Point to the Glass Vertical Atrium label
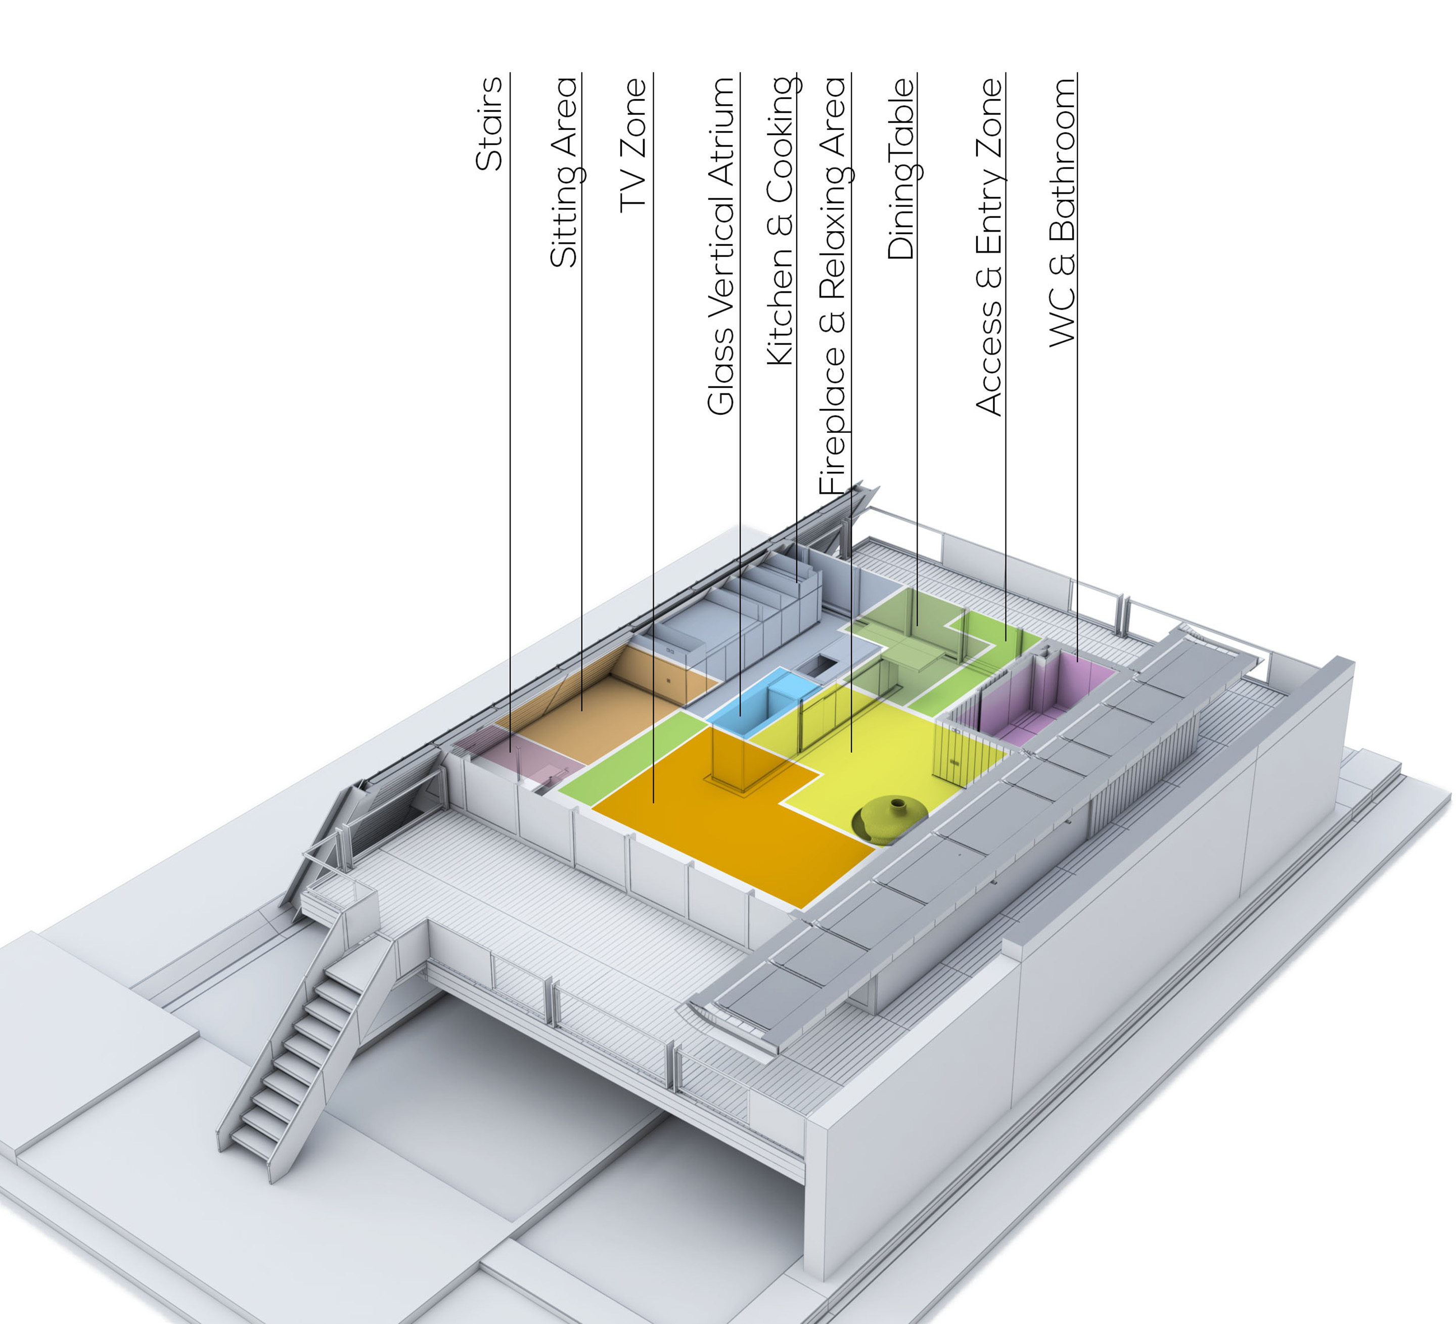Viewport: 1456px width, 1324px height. (x=721, y=246)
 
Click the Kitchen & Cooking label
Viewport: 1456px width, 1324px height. (x=780, y=220)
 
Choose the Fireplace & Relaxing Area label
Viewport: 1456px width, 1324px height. (x=832, y=285)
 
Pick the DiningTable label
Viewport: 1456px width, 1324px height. (x=900, y=169)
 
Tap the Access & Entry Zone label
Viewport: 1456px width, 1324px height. (x=989, y=246)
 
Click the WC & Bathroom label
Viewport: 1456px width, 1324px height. (x=1062, y=211)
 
